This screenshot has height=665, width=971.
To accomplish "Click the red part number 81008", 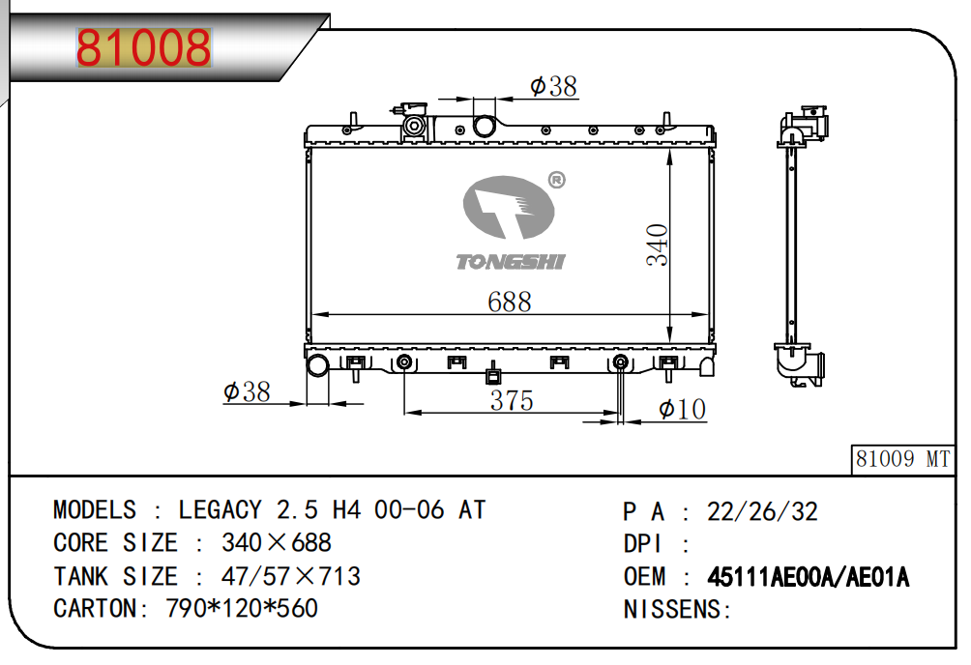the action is pos(144,47).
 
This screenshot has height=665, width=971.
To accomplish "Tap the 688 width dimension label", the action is pos(509,303).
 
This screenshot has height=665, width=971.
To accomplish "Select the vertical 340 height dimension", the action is pos(657,246).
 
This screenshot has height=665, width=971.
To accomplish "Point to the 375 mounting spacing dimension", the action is pos(512,400).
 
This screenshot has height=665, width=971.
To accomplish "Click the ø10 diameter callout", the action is pos(682,409).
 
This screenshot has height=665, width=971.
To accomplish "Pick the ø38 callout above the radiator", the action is pos(553,86).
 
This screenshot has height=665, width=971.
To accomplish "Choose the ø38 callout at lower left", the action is pos(247,391).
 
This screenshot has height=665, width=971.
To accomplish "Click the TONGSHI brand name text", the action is pos(511,262).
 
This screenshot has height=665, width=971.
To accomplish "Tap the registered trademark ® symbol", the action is pos(557,180).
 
